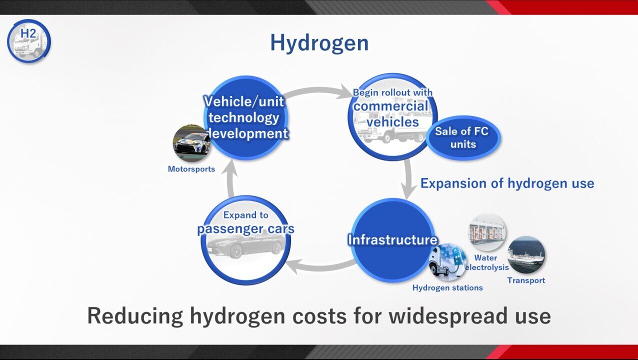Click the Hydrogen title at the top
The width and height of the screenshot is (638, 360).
319,43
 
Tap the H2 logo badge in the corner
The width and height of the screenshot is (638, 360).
29,41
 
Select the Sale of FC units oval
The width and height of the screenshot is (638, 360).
463,138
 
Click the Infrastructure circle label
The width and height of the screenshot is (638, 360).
392,240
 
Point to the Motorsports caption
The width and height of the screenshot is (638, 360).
191,169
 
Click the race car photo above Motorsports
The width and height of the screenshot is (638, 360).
191,143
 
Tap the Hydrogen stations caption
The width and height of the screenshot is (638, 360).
447,288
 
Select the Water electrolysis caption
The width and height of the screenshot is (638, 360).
486,262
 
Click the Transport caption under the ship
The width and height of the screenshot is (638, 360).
526,280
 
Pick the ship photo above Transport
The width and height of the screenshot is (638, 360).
526,255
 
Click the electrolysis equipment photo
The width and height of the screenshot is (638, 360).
487,232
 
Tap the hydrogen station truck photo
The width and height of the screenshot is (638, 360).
447,262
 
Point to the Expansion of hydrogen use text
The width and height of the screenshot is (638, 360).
507,183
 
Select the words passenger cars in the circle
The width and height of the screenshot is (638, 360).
246,229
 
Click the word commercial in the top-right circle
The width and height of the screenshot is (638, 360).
391,106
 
